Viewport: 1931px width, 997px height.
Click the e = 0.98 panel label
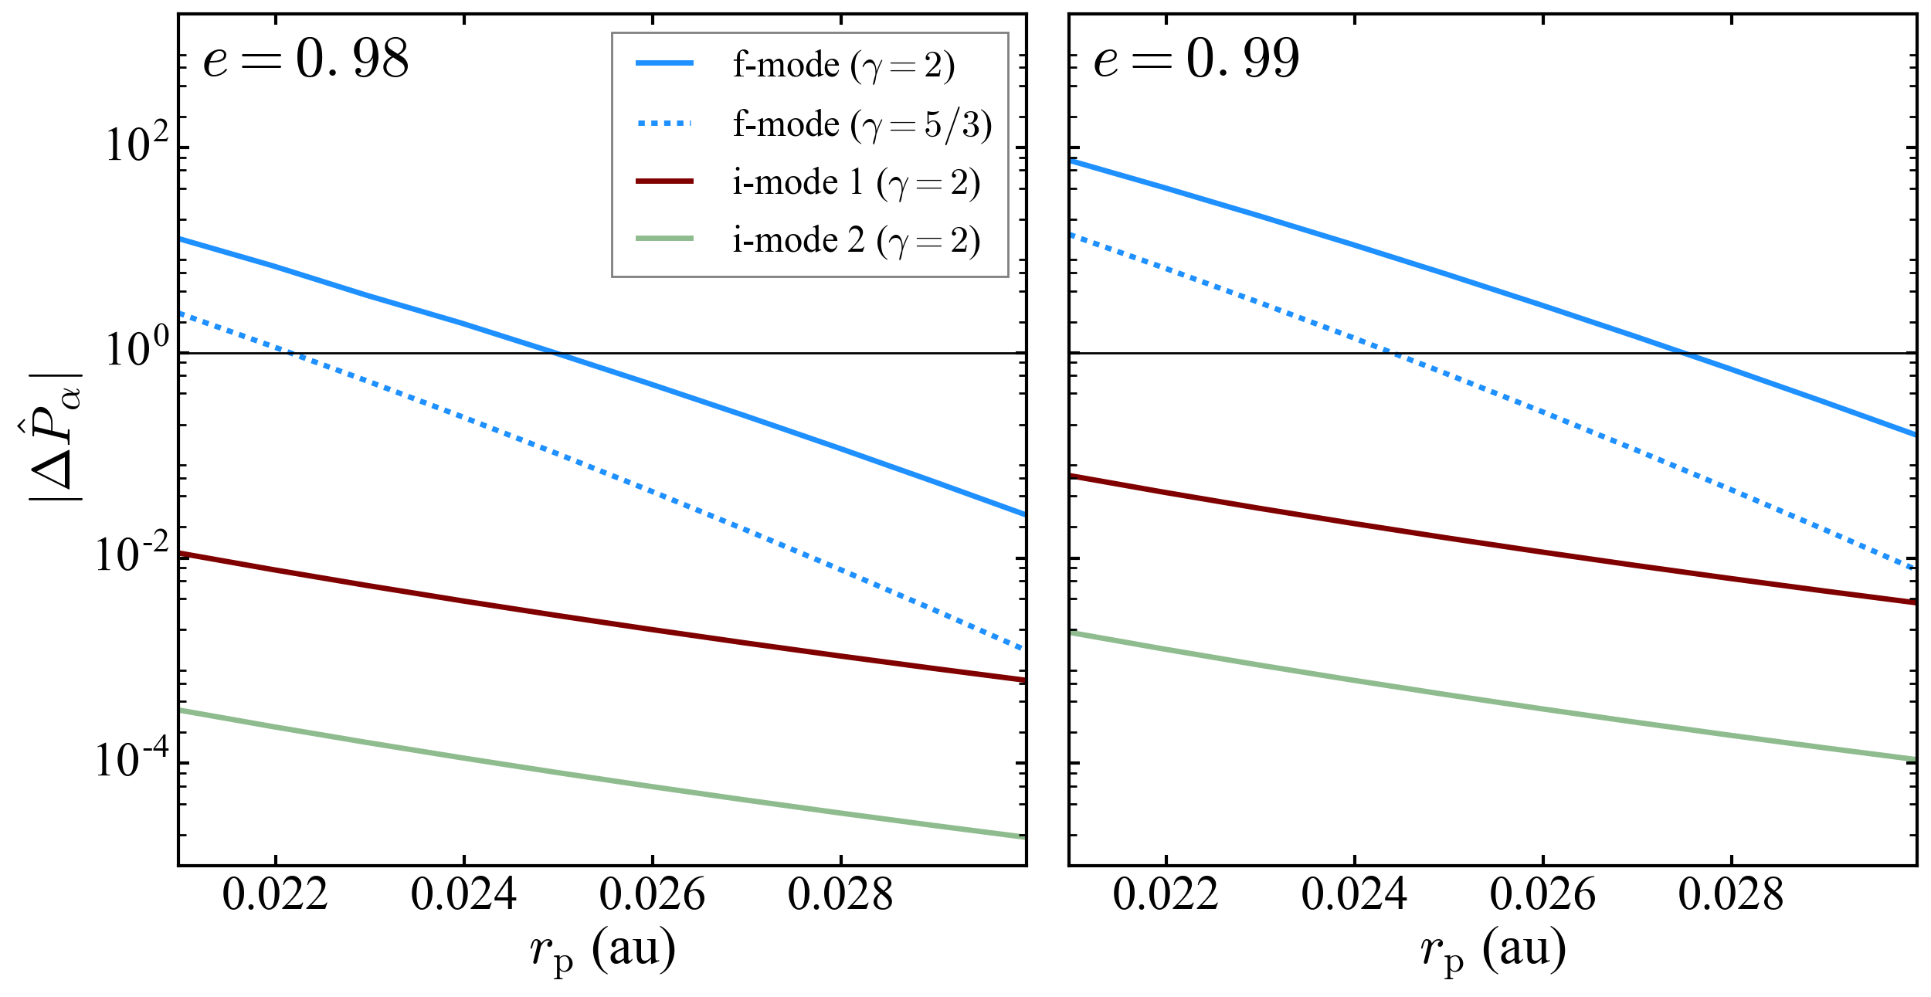pyautogui.click(x=305, y=60)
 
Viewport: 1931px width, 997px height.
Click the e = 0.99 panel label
pyautogui.click(x=1196, y=60)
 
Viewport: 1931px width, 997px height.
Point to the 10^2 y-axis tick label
pyautogui.click(x=136, y=144)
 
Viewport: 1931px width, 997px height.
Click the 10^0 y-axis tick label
pyautogui.click(x=136, y=349)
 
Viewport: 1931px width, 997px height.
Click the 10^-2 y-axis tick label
pyautogui.click(x=131, y=554)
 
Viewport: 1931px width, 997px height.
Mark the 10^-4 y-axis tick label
pyautogui.click(x=131, y=759)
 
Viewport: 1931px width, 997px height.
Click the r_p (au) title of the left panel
pyautogui.click(x=602, y=950)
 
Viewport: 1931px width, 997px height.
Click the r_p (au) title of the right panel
pyautogui.click(x=1493, y=950)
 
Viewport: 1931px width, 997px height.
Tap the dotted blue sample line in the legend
pyautogui.click(x=664, y=124)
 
